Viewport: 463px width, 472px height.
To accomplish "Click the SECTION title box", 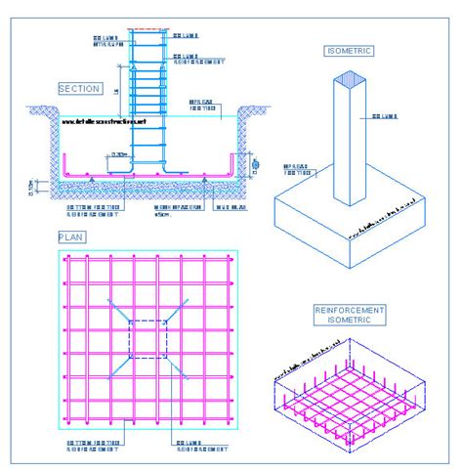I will coord(80,89).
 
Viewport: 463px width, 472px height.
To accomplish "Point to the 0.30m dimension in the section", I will coord(121,153).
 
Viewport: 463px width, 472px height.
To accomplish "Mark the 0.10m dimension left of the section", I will coord(30,184).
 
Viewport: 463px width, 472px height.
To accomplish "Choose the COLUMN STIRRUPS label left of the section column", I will coord(107,40).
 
